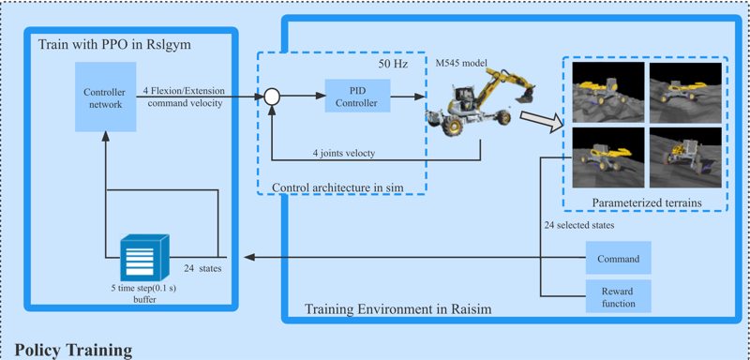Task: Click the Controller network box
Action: click(103, 97)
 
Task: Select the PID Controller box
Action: click(356, 97)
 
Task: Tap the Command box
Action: click(618, 259)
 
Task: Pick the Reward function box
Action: click(618, 296)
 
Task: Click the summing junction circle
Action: click(272, 96)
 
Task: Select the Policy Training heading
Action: click(73, 351)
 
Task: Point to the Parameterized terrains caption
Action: click(647, 202)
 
